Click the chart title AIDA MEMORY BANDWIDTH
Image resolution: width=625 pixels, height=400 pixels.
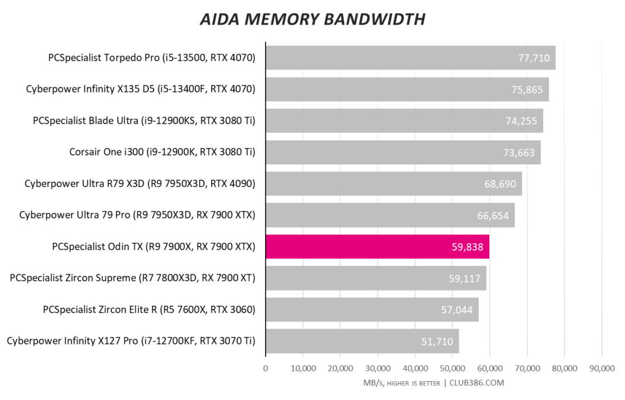pyautogui.click(x=312, y=19)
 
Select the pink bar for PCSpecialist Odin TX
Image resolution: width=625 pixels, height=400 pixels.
pyautogui.click(x=377, y=247)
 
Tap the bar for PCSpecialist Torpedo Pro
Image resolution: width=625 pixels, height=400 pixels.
pyautogui.click(x=410, y=58)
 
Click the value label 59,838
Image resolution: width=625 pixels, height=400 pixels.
pyautogui.click(x=467, y=247)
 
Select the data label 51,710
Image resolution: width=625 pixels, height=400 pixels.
pyautogui.click(x=437, y=342)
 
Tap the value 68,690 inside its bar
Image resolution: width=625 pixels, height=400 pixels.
pyautogui.click(x=500, y=184)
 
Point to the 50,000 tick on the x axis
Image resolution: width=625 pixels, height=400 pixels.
pyautogui.click(x=452, y=368)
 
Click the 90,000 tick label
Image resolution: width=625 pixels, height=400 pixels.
pyautogui.click(x=602, y=368)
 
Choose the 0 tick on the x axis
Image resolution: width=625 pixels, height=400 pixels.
pyautogui.click(x=266, y=368)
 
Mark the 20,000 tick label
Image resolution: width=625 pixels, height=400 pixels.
pyautogui.click(x=340, y=368)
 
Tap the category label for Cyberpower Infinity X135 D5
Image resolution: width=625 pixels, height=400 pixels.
pyautogui.click(x=140, y=89)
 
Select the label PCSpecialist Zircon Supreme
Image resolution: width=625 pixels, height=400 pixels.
pyautogui.click(x=133, y=278)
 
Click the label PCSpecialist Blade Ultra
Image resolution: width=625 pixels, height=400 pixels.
pyautogui.click(x=144, y=121)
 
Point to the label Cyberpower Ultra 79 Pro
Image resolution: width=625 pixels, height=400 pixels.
pyautogui.click(x=137, y=215)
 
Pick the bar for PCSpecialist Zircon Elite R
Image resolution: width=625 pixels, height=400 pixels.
pyautogui.click(x=372, y=309)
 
